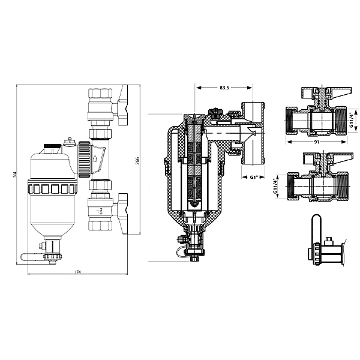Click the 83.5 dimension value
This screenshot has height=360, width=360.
224,88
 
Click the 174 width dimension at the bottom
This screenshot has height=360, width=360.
77,274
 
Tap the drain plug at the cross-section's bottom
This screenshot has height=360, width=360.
193,255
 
